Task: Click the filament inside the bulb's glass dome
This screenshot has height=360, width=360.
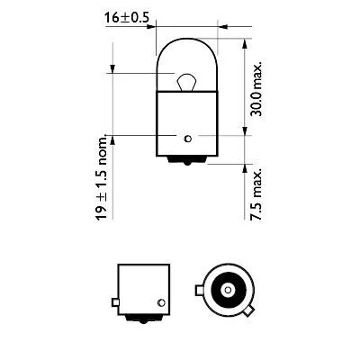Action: coord(184,82)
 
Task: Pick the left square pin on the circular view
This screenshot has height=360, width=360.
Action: coord(200,290)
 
